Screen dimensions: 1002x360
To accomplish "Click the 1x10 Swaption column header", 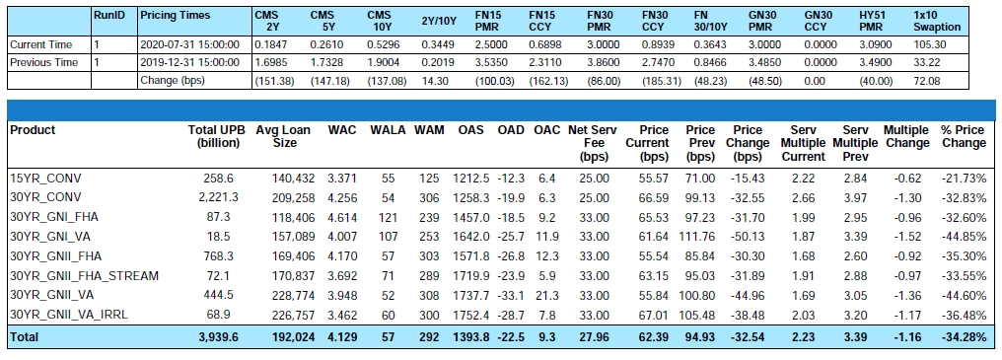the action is (x=937, y=21).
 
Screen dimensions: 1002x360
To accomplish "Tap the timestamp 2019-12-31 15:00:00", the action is (x=189, y=63).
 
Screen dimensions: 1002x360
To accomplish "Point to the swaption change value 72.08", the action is (x=927, y=81).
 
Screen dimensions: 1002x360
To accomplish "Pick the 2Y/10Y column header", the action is (x=439, y=21).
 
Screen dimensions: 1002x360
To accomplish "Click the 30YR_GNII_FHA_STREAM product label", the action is (x=85, y=276).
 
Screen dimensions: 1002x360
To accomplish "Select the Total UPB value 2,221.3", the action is (x=219, y=197).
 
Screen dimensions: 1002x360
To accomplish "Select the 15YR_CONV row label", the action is (x=45, y=178).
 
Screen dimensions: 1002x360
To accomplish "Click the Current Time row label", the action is (x=40, y=44).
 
